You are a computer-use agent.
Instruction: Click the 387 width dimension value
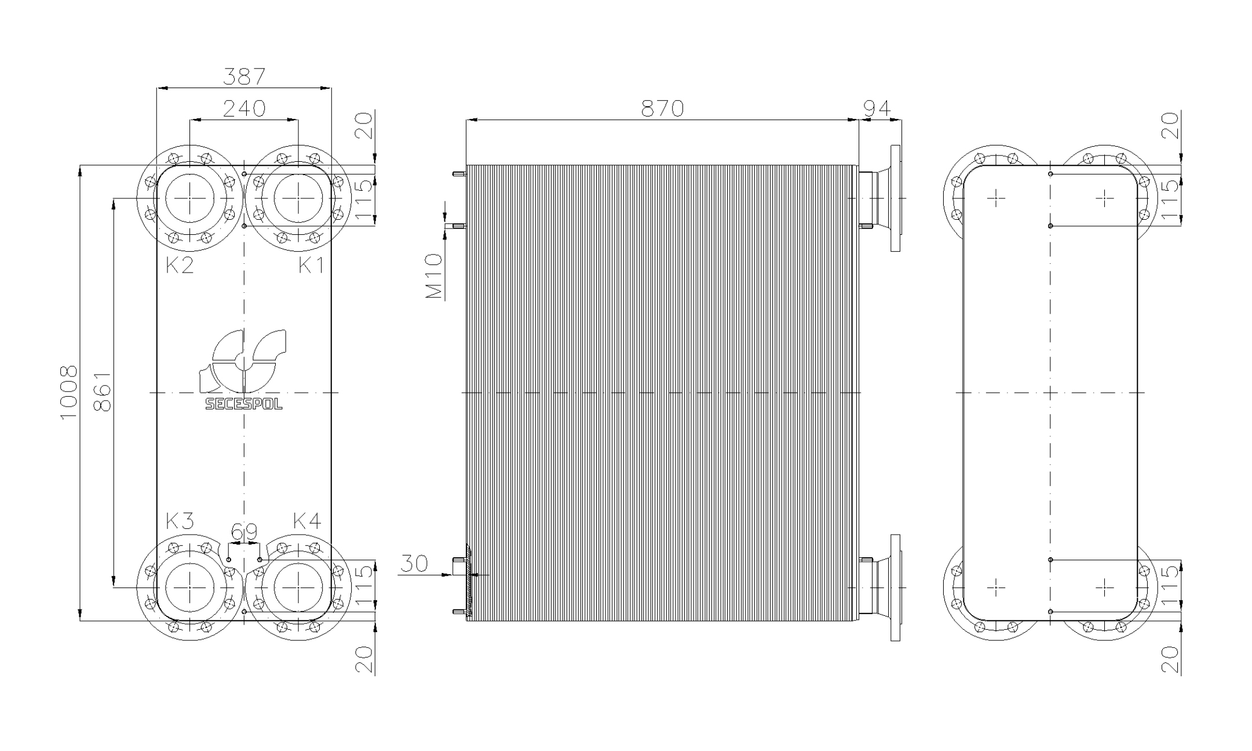coord(244,77)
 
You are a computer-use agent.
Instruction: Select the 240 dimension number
coord(244,108)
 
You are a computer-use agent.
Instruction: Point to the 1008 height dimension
coord(68,393)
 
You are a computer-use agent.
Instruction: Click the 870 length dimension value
coord(662,108)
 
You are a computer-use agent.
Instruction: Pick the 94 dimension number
coord(877,108)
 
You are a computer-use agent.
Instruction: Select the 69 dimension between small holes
coord(244,532)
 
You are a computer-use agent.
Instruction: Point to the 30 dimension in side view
coord(414,563)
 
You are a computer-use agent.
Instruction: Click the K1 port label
coord(311,266)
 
